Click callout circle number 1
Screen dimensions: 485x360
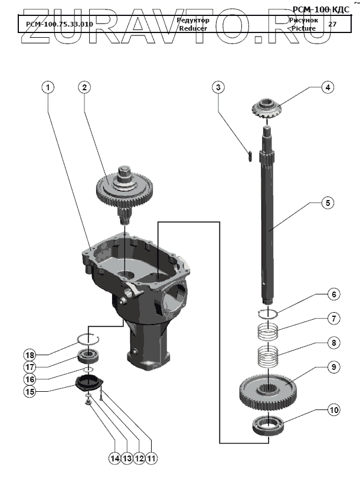click(x=48, y=87)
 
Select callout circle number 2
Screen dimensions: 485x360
click(x=84, y=87)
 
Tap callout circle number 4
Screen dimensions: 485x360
click(x=326, y=87)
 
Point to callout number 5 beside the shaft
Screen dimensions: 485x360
click(x=327, y=203)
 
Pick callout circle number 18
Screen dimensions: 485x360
click(x=30, y=355)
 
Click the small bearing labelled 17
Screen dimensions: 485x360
click(x=90, y=356)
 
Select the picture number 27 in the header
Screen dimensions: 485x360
click(x=332, y=24)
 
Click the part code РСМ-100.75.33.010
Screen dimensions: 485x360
click(x=60, y=24)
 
